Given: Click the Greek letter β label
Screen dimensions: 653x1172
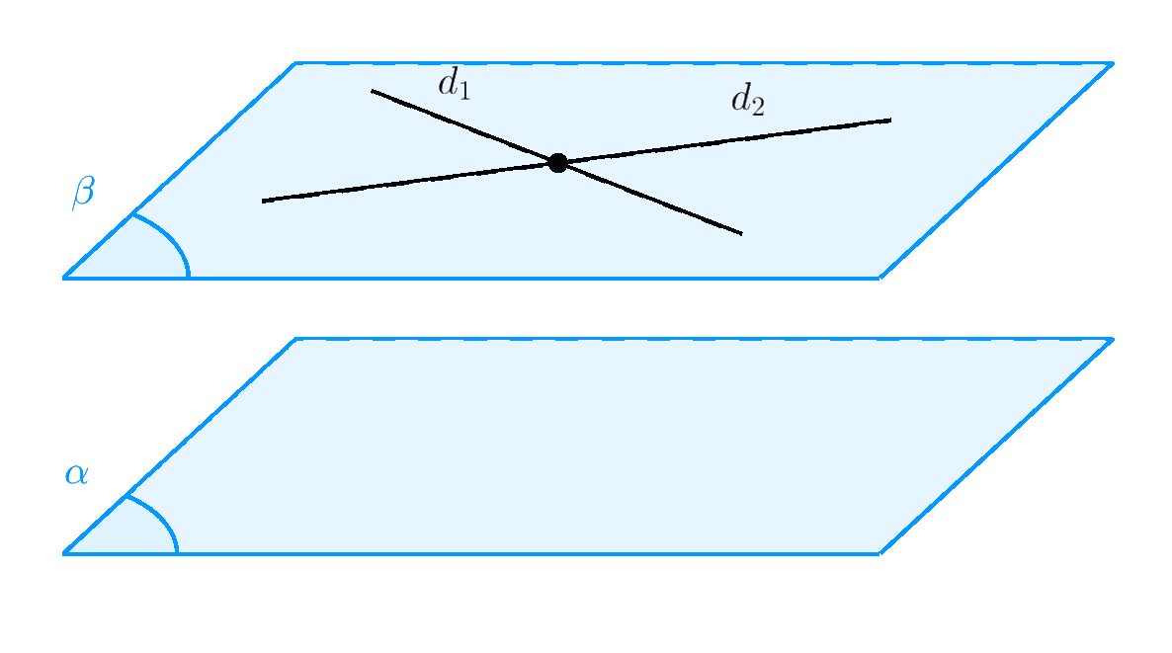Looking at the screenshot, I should (82, 192).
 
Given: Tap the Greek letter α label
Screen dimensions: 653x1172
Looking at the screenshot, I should (76, 475).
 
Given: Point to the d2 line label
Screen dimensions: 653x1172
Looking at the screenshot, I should (747, 101).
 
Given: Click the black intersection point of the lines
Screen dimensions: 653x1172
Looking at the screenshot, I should (557, 163).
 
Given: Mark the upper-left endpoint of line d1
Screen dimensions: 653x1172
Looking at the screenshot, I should (373, 91).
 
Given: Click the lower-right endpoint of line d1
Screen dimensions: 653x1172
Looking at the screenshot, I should (741, 234).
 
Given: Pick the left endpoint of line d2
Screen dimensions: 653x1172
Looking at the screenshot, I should (263, 202).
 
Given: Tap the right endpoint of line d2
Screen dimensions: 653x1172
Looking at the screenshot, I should (890, 121).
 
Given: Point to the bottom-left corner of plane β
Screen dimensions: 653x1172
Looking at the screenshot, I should (65, 278).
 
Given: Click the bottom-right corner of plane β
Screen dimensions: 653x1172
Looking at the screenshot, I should (879, 278).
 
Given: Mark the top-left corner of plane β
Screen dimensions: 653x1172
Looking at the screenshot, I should (295, 63).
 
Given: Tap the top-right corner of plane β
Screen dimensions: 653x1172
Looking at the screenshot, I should (1113, 63).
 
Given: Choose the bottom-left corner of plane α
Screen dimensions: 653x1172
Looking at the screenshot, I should (65, 553).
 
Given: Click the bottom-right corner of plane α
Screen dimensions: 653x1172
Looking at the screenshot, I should (879, 553).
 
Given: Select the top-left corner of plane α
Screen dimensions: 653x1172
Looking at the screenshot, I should (295, 339).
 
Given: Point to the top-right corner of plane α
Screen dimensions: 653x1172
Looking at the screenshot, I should (1113, 339).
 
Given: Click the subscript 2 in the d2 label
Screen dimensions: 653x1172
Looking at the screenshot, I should (757, 108).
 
